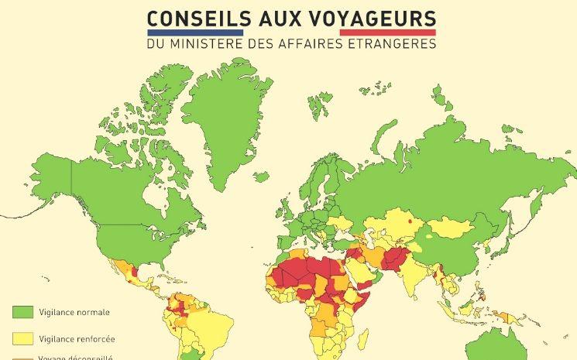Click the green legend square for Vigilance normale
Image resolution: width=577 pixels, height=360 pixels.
pos(22,312)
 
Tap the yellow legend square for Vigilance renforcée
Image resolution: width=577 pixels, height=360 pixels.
pos(22,339)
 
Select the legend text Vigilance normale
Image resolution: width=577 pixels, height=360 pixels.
pos(77,313)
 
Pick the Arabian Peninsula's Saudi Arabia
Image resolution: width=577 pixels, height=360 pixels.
pos(358,271)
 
